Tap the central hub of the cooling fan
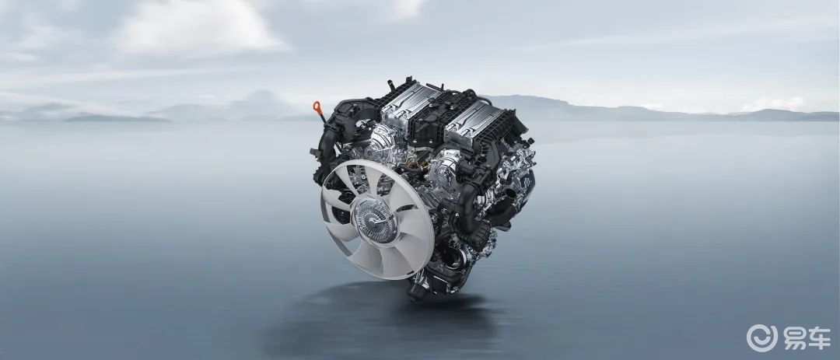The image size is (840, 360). pos(374,219)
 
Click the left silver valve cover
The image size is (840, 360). pos(410,103)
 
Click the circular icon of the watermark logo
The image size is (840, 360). pos(761,337)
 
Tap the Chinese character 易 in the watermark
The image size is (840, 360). pos(796,338)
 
